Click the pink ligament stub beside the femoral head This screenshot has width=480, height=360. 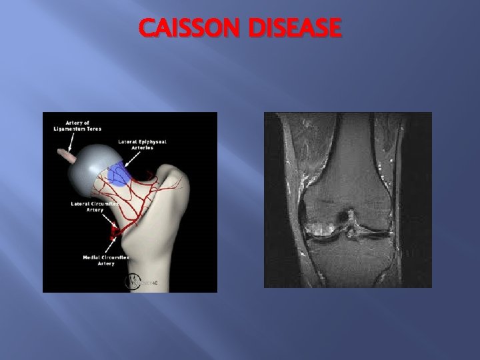(67, 155)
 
